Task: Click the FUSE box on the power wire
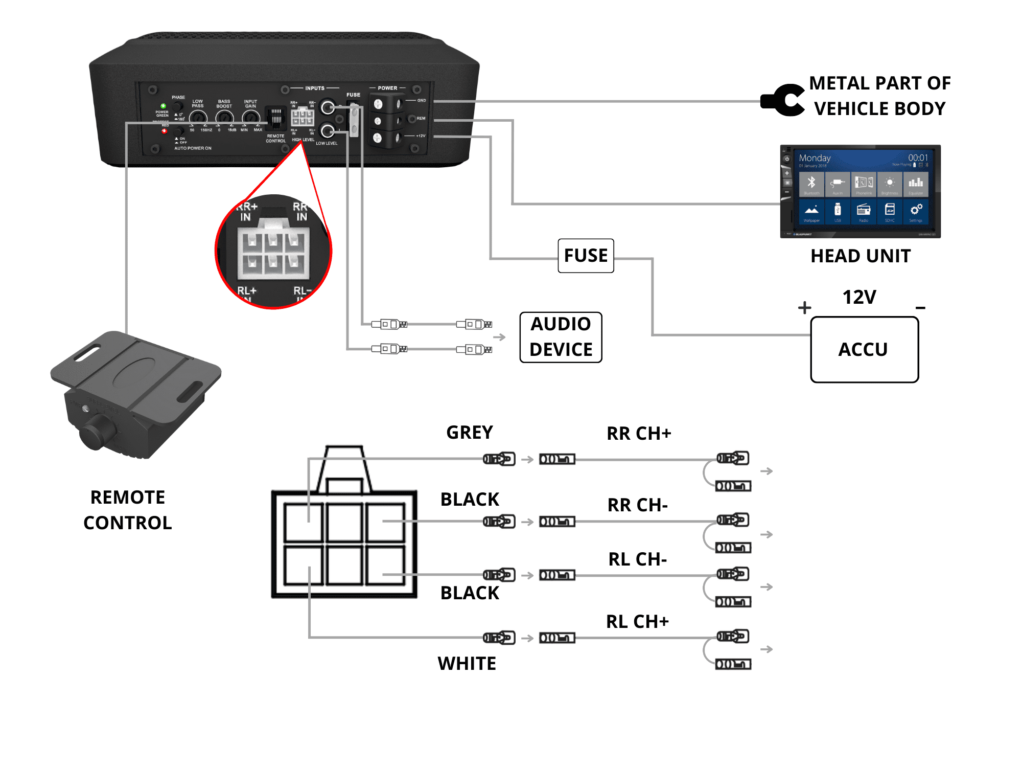tap(586, 256)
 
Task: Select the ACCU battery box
tap(864, 350)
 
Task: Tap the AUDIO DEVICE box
tap(561, 337)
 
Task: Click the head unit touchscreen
tap(861, 191)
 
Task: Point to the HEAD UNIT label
tap(861, 256)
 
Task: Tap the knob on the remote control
tap(97, 433)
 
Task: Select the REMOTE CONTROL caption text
tap(128, 510)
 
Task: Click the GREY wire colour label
tap(470, 433)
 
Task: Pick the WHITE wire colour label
tap(467, 664)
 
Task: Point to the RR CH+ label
tap(639, 434)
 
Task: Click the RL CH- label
tap(638, 559)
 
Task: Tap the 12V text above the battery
tap(859, 297)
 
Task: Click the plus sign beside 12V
tap(805, 307)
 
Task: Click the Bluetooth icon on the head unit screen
tap(811, 183)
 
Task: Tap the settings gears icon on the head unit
tap(916, 210)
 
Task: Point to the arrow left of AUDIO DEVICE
tap(499, 337)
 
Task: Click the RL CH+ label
tap(637, 622)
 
